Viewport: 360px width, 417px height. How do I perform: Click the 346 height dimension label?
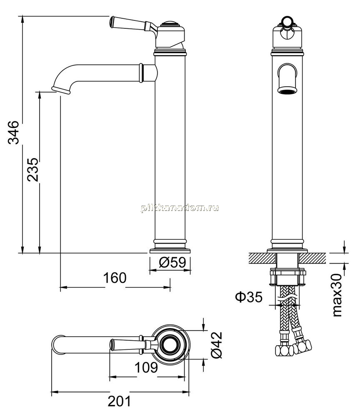(13, 133)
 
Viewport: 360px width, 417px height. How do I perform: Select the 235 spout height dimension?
(33, 169)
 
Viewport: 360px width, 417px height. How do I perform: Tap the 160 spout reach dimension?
(115, 278)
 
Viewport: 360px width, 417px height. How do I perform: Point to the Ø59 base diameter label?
(172, 262)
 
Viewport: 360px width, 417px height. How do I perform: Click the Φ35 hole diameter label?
(249, 297)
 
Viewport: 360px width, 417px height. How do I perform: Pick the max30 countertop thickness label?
(337, 295)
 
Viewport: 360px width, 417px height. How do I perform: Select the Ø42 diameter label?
(217, 345)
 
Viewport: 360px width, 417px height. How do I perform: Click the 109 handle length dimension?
(146, 367)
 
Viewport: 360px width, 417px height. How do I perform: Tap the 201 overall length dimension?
(119, 401)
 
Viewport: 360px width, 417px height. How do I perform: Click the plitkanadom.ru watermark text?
(180, 208)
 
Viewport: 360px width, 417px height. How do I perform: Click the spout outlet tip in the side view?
(61, 90)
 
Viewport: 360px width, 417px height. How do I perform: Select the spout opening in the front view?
(287, 91)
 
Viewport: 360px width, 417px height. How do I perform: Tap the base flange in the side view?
(170, 251)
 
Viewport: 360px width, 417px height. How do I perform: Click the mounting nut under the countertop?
(288, 277)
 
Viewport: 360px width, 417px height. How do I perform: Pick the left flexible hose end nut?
(284, 350)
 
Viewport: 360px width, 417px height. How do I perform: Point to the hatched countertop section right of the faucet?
(313, 259)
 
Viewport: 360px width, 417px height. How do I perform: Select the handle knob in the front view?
(287, 21)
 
